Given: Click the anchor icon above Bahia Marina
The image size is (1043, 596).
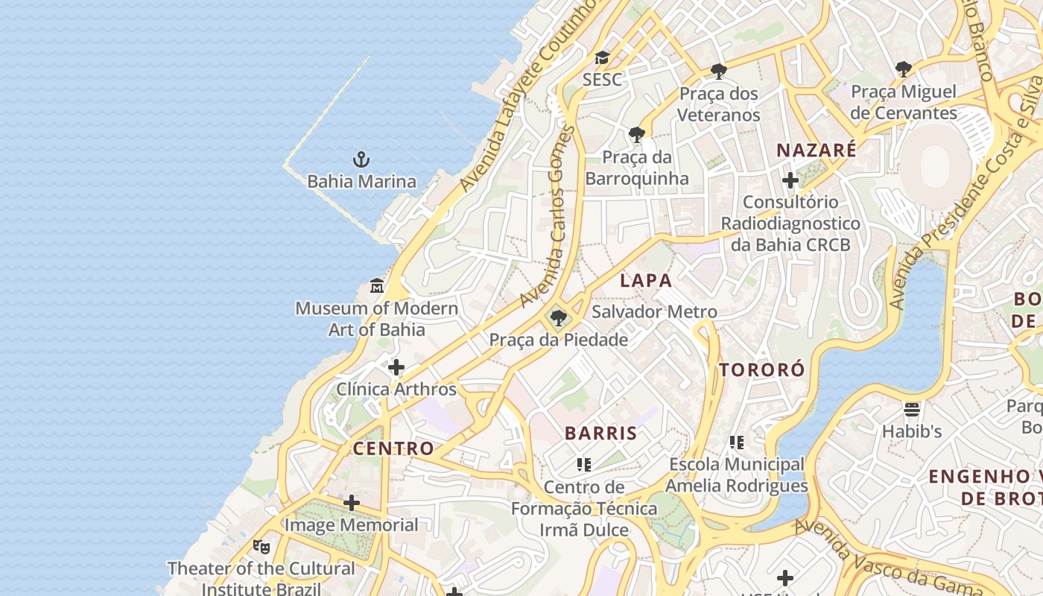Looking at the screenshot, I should (361, 159).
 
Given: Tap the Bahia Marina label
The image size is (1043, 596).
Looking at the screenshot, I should (361, 181).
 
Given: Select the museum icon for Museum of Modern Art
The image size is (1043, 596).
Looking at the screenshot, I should (377, 286).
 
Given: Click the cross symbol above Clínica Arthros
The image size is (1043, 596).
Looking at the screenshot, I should (396, 367).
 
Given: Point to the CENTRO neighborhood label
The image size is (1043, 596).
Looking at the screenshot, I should (393, 448).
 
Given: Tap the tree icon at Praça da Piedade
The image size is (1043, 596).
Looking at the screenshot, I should (558, 318).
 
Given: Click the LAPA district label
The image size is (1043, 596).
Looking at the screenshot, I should (646, 281).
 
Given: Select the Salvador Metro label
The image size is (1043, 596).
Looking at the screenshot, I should (654, 311).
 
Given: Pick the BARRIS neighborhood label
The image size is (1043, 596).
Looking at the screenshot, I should (600, 433).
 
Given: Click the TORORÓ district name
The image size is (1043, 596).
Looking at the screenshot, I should (761, 370).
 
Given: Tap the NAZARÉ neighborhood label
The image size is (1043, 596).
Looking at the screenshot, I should (817, 150).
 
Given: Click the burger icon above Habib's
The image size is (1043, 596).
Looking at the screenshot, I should (912, 409).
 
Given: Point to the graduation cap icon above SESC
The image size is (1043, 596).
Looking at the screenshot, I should (602, 58).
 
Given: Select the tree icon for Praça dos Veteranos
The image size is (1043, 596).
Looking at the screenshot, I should (718, 72).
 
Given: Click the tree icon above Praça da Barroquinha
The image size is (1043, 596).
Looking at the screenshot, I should (636, 135).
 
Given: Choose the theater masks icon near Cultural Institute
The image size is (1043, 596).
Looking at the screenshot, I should (261, 547).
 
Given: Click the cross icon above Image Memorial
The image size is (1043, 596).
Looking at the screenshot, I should (352, 503).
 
